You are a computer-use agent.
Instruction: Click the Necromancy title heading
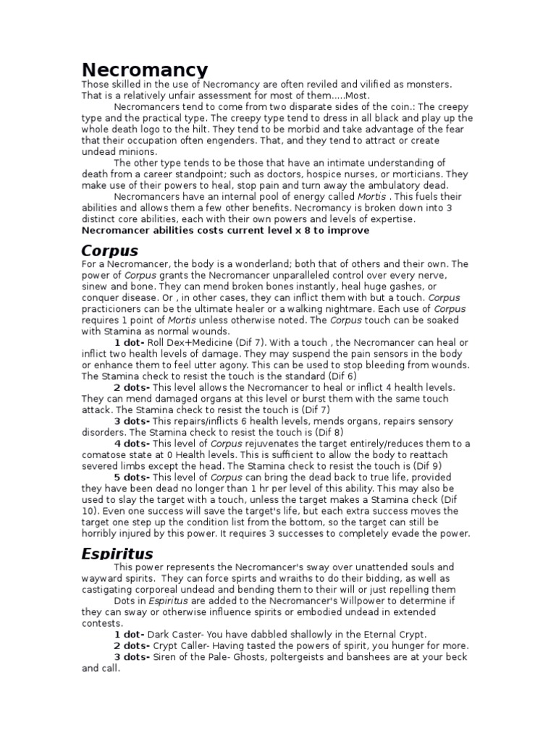144,70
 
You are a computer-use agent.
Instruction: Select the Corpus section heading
109,251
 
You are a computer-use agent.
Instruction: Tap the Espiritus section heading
117,554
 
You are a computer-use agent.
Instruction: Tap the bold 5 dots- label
132,478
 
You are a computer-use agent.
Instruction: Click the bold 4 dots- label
132,444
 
